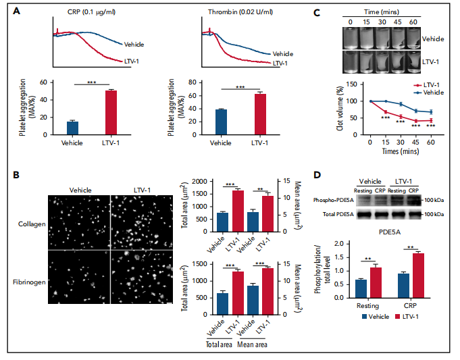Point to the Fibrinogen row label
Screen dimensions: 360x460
coord(29,280)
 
